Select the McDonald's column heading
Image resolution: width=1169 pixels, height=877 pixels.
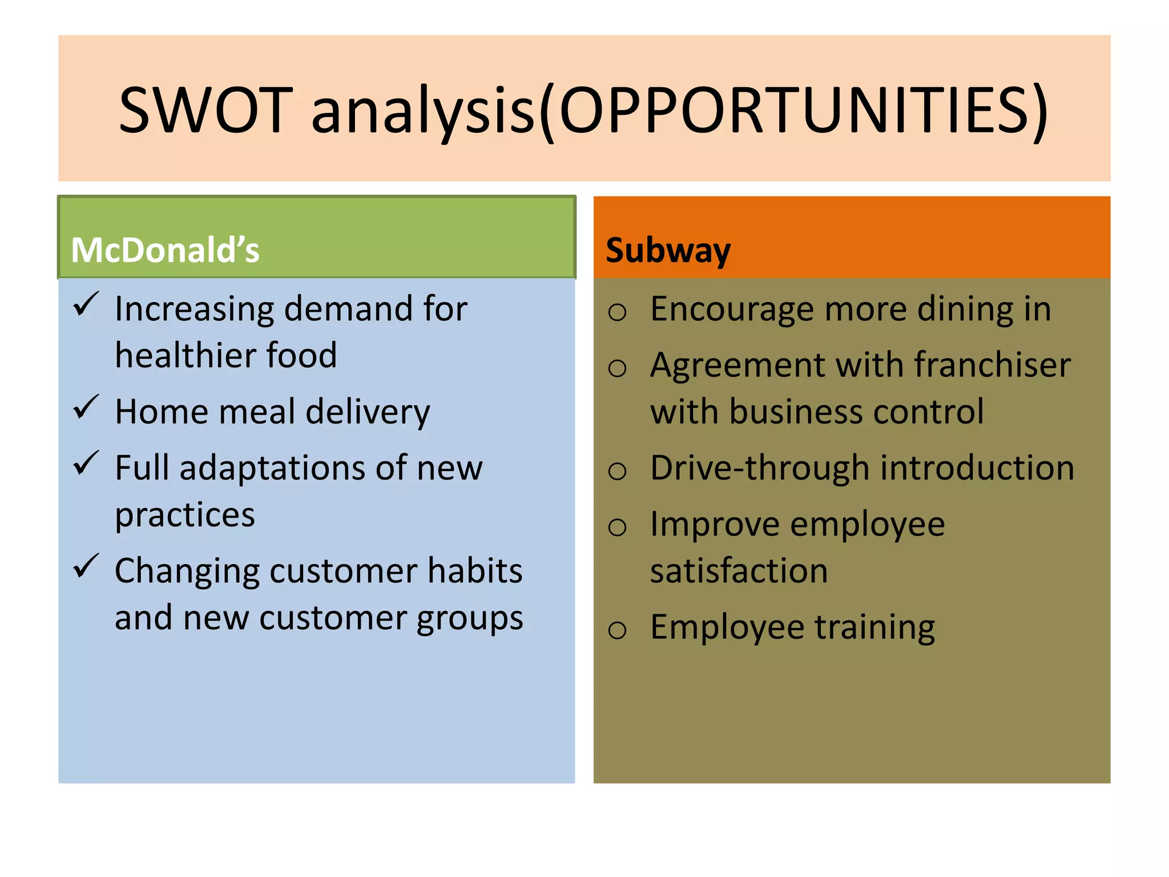[x=165, y=250]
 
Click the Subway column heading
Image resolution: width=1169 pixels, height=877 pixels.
[x=668, y=250]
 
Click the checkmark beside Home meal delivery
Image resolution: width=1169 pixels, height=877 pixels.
[x=86, y=407]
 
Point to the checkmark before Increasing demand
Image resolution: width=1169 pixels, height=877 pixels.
[x=86, y=304]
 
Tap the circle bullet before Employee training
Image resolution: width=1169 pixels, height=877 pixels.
[x=617, y=630]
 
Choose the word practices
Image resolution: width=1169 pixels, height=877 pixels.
[x=185, y=516]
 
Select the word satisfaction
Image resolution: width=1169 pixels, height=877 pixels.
[x=739, y=570]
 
